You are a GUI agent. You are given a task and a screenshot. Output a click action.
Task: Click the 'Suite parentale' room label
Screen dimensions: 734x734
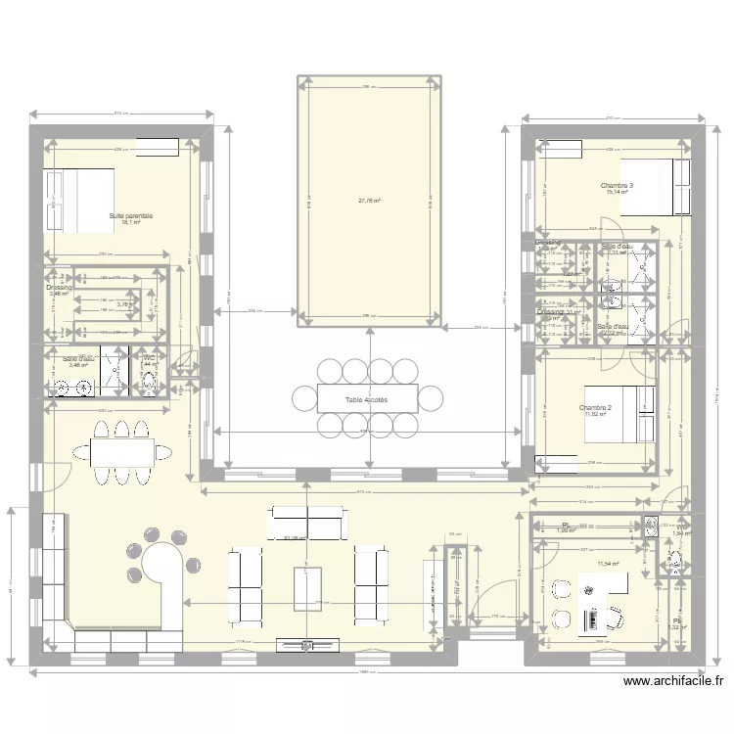click(x=131, y=215)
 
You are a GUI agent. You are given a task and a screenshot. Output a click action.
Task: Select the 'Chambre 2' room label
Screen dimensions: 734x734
click(x=595, y=407)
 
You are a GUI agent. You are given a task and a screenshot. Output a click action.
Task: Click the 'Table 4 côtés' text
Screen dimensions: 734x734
click(x=366, y=399)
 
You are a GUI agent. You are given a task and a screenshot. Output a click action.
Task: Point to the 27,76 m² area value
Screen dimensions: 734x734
click(x=369, y=201)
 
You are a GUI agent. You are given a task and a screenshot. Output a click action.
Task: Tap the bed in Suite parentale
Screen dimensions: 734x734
click(x=78, y=200)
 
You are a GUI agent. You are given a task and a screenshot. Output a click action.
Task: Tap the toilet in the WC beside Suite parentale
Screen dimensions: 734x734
click(x=150, y=384)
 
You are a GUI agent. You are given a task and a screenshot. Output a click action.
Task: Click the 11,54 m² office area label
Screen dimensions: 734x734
click(x=609, y=564)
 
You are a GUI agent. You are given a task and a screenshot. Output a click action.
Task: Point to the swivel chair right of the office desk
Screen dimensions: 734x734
click(x=617, y=616)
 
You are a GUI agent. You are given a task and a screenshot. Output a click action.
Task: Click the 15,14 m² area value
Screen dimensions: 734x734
click(x=617, y=193)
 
